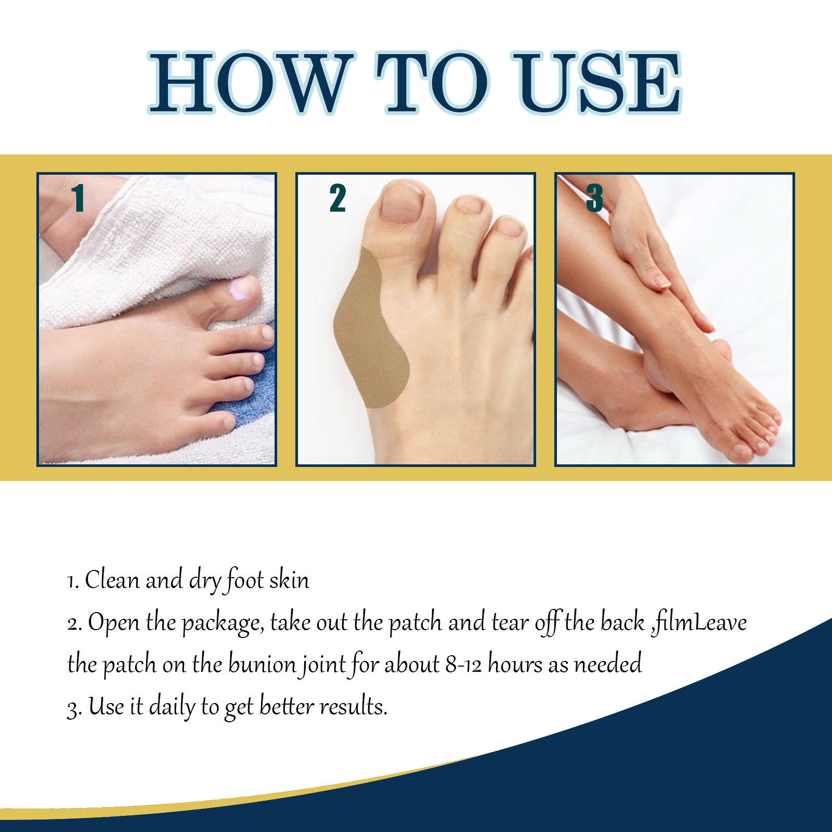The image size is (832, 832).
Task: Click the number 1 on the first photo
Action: click(79, 198)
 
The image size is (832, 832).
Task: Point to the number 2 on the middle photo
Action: click(337, 198)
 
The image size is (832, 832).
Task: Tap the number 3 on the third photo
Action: click(594, 198)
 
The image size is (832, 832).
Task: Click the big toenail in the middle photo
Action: click(401, 203)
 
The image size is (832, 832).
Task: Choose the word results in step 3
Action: click(353, 707)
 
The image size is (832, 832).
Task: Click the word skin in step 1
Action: click(289, 580)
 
